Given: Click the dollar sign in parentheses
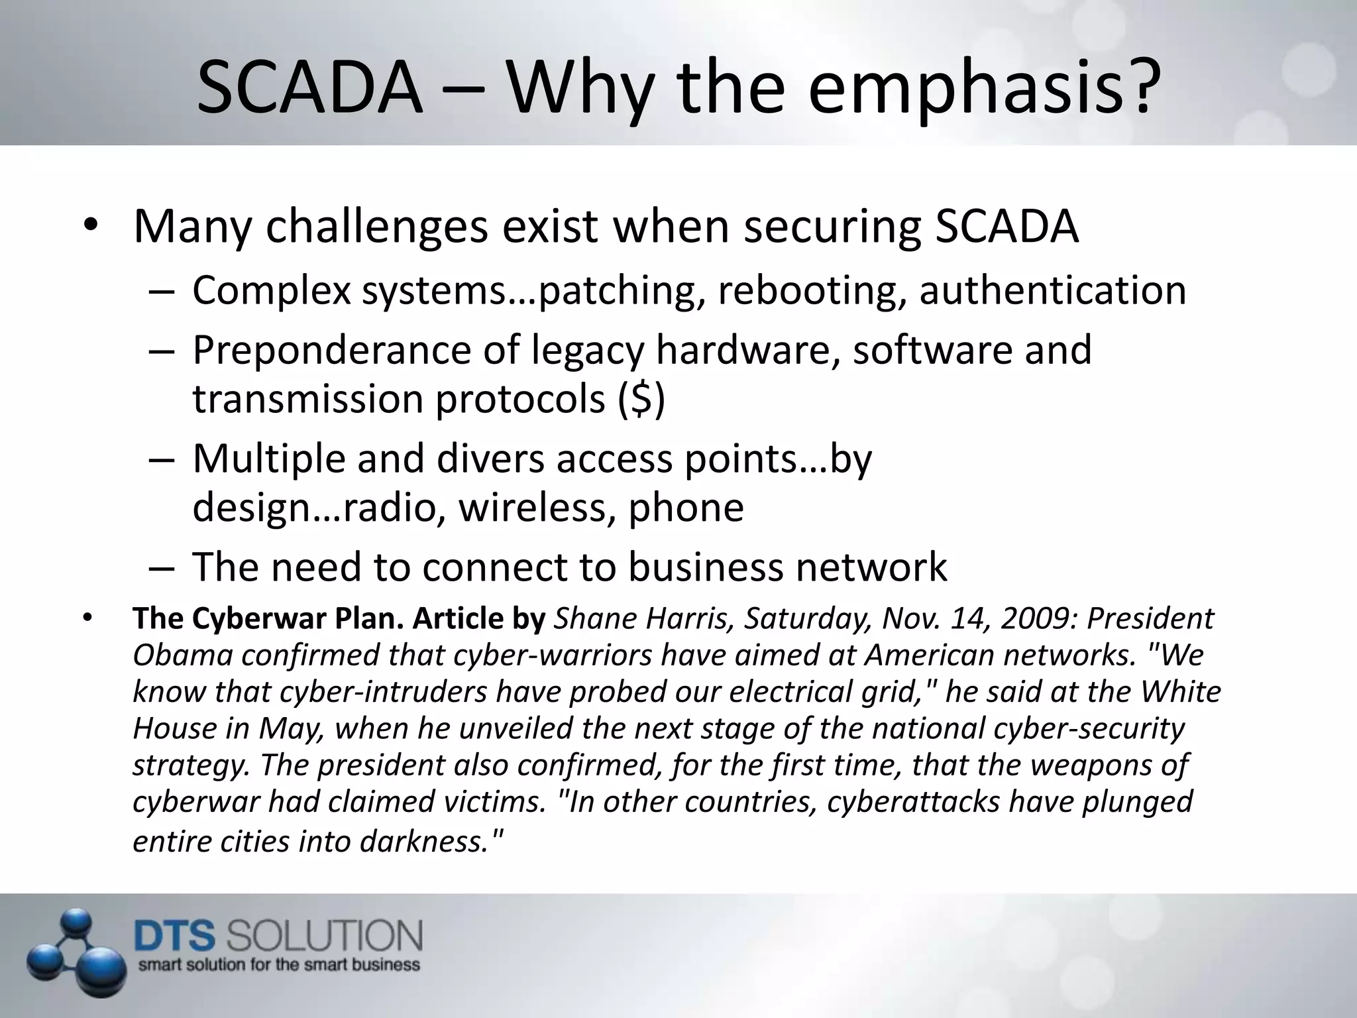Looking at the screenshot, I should tap(641, 399).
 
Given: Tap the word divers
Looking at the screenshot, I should tap(490, 458).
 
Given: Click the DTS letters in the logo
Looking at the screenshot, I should tap(176, 936).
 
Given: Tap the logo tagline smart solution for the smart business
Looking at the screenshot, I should tap(279, 964).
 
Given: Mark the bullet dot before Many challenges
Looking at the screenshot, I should tap(91, 227).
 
